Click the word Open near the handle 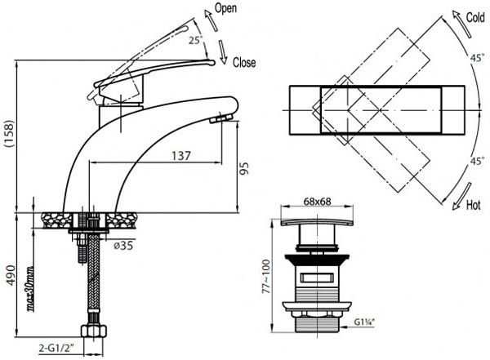click(225, 8)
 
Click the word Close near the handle click(244, 63)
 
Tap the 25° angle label click(196, 40)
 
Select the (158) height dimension click(9, 133)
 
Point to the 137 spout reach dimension click(181, 156)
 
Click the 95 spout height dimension click(245, 168)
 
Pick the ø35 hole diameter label click(123, 246)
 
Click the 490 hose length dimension click(11, 275)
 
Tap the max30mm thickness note click(31, 289)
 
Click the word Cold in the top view click(475, 17)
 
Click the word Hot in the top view click(473, 206)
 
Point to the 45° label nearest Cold click(478, 58)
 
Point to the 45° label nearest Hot click(478, 162)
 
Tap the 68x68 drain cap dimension click(317, 202)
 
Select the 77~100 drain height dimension click(266, 276)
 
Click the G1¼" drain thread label click(364, 322)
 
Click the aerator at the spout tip click(221, 118)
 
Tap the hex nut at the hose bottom click(93, 331)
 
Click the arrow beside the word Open click(211, 20)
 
